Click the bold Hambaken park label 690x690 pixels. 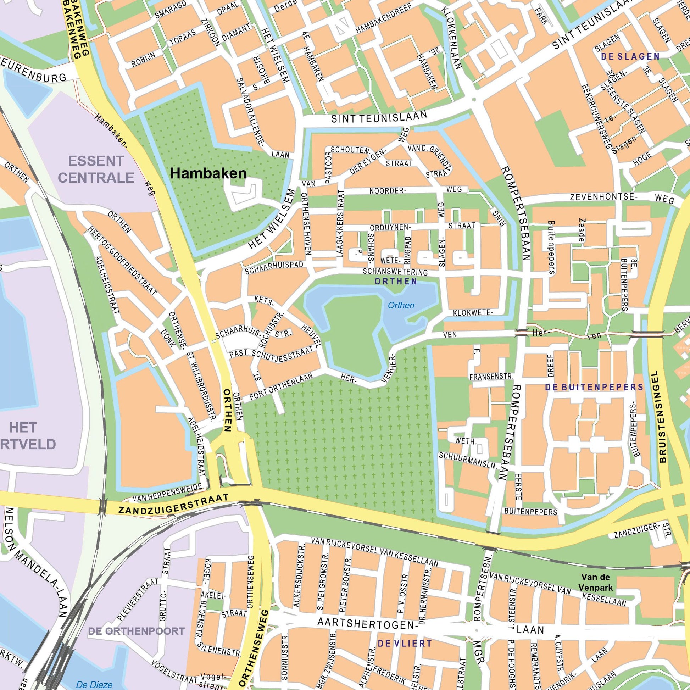[208, 174]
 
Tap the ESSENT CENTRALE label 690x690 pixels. [96, 169]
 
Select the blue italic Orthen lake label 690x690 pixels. [401, 305]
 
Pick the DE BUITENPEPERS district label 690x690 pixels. [594, 387]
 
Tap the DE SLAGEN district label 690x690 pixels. [630, 56]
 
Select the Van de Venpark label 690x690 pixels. [595, 582]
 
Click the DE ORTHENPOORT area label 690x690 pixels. [137, 631]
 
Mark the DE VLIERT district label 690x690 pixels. [405, 644]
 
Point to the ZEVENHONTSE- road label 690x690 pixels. [604, 196]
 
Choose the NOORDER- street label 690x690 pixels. [388, 191]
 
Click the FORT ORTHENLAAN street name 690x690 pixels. [281, 386]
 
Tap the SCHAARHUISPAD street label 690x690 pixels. [274, 268]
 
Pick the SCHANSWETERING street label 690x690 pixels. [395, 272]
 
